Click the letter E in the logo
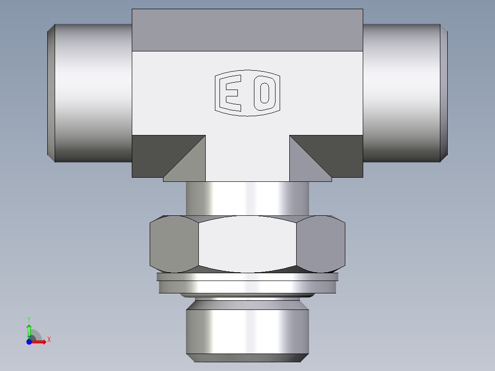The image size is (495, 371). pyautogui.click(x=231, y=94)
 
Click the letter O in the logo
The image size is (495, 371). pyautogui.click(x=264, y=94)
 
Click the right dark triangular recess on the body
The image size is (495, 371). pyautogui.click(x=340, y=154)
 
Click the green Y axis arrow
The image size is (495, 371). pyautogui.click(x=29, y=330)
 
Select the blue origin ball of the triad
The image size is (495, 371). pyautogui.click(x=29, y=342)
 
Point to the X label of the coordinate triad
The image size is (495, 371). pyautogui.click(x=49, y=340)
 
